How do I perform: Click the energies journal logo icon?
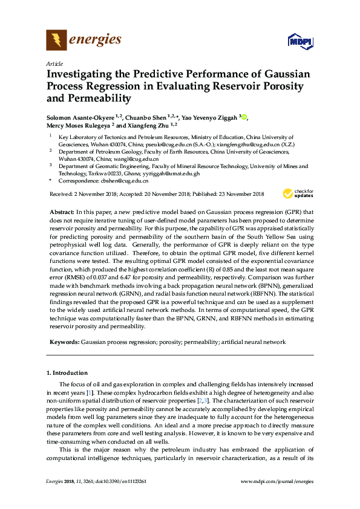[56, 41]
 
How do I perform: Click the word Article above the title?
[54, 63]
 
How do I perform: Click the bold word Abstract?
[61, 213]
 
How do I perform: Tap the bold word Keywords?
[64, 342]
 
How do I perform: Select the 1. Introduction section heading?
[67, 373]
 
